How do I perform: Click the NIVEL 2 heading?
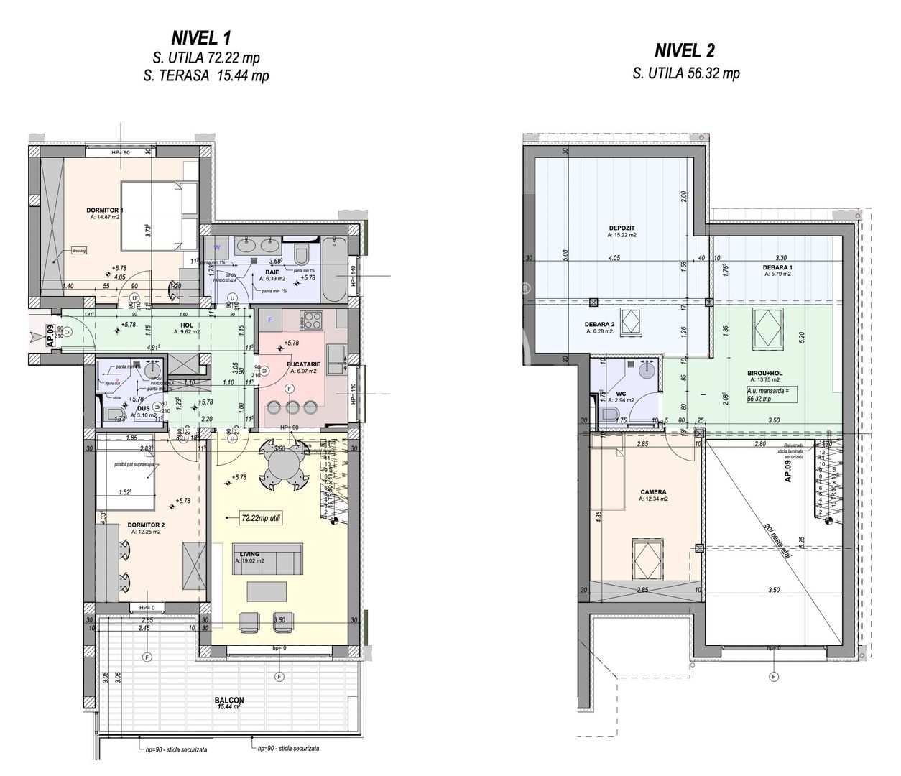tap(685, 50)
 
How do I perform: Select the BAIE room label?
tap(272, 272)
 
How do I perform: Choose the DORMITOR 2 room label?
tap(147, 525)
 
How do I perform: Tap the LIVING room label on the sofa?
tap(249, 554)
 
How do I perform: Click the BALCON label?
tap(228, 701)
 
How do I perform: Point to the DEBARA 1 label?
tap(778, 267)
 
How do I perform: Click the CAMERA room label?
tap(653, 492)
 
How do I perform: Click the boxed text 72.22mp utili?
tap(251, 517)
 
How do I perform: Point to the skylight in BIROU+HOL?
tap(766, 328)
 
